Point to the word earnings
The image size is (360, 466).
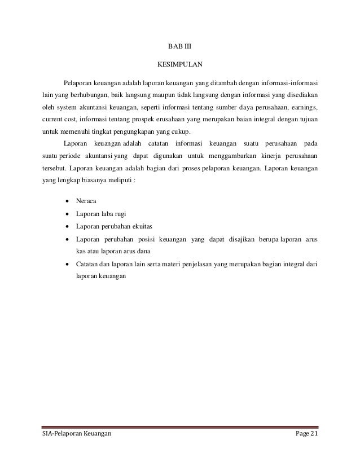(x=304, y=107)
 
